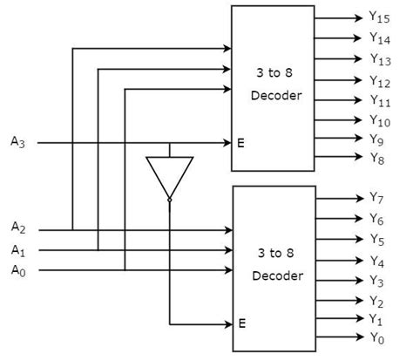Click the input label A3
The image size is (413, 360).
coord(18,141)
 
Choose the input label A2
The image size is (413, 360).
coord(18,229)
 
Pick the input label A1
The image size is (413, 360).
coord(18,250)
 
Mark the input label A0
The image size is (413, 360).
coord(18,270)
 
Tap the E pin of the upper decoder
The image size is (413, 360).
coord(240,142)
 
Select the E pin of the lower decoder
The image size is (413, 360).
coord(240,323)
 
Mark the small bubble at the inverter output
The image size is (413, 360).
coord(169,200)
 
